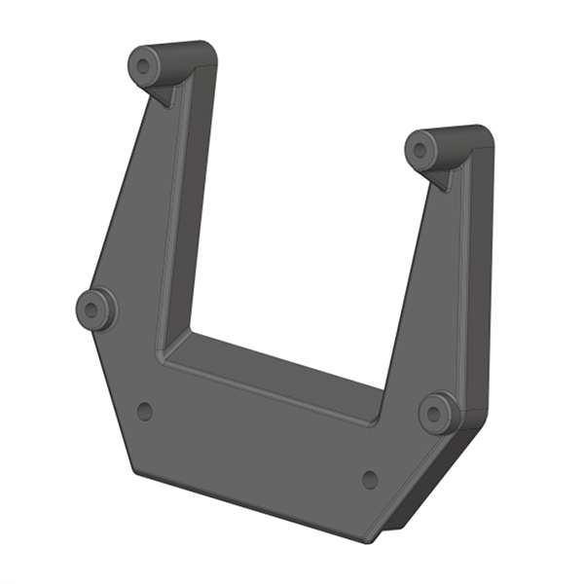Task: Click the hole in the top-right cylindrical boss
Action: click(x=421, y=149)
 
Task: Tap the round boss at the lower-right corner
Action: click(x=439, y=413)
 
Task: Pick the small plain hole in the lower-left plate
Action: click(x=145, y=411)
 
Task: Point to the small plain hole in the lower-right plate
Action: click(x=370, y=479)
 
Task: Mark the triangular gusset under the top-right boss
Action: click(x=441, y=176)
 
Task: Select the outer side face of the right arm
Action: click(x=478, y=282)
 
